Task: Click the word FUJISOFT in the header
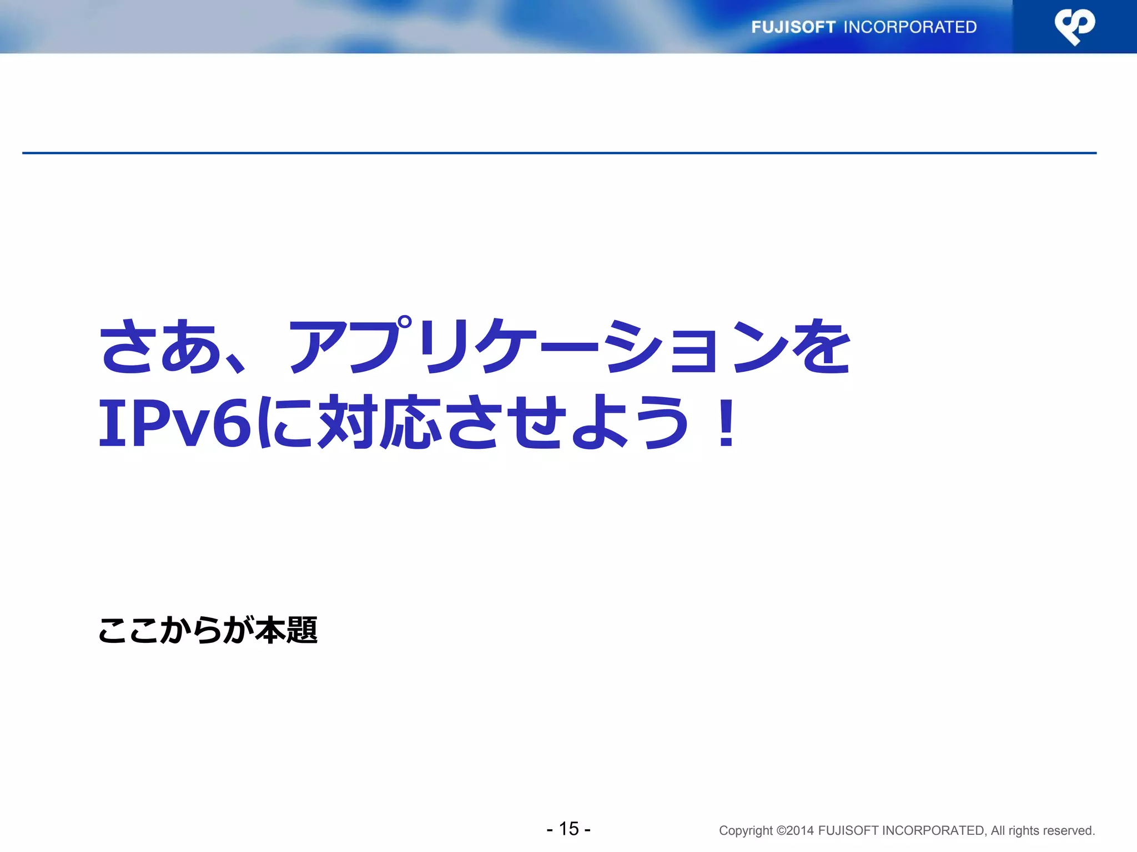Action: (793, 27)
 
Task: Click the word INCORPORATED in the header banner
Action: (910, 27)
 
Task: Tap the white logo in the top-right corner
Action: (1074, 27)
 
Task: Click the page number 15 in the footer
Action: (568, 829)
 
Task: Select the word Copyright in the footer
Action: (745, 830)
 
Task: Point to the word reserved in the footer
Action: (1071, 830)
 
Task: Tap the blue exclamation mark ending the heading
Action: (726, 423)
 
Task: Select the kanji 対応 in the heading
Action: (380, 423)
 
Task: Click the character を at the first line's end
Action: (821, 347)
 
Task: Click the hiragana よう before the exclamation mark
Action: (630, 423)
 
